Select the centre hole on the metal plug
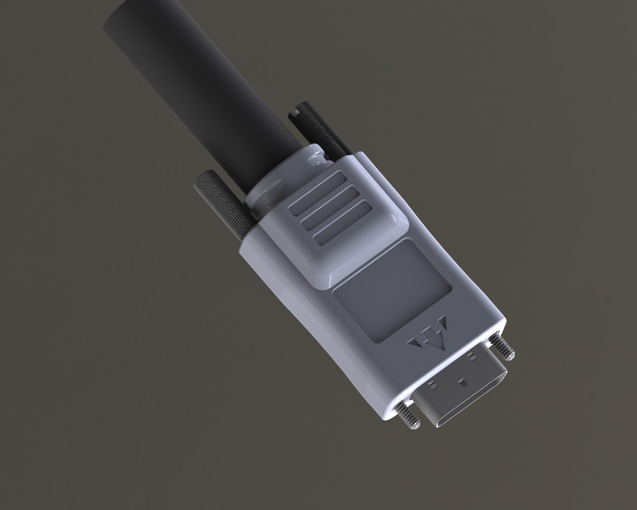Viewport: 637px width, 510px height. [x=464, y=382]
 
